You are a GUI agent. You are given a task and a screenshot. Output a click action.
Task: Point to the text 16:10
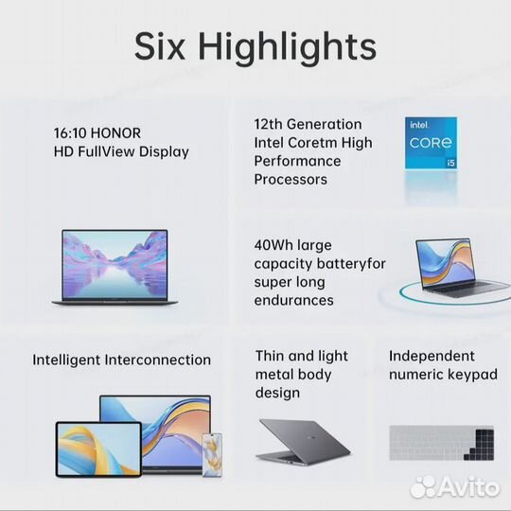click(72, 133)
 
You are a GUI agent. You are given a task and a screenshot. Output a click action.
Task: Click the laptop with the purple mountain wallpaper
click(114, 267)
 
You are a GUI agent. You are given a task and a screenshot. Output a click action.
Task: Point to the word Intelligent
click(71, 360)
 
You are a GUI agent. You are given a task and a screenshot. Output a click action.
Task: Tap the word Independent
click(432, 356)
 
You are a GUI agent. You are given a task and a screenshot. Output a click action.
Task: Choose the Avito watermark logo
click(453, 485)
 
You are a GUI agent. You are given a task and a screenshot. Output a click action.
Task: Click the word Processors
click(291, 180)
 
